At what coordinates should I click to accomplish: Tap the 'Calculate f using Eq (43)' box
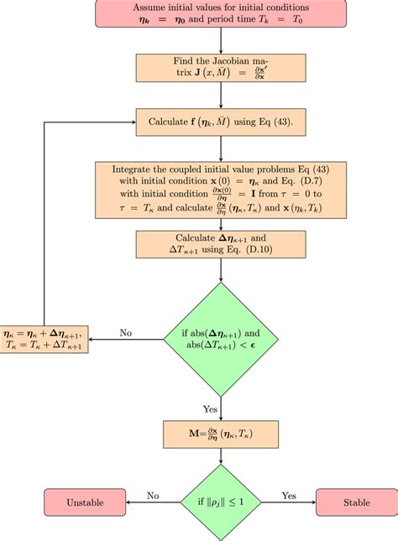[x=220, y=121]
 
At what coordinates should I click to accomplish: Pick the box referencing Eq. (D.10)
[x=220, y=242]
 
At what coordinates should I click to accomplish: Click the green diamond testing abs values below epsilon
[x=220, y=338]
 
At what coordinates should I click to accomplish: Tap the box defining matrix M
[x=220, y=434]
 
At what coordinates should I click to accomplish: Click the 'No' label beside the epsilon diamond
[x=127, y=332]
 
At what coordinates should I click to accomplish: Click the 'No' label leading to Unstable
[x=154, y=496]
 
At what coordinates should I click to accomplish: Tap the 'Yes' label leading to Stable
[x=289, y=496]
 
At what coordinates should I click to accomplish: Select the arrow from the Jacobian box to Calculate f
[x=220, y=100]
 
